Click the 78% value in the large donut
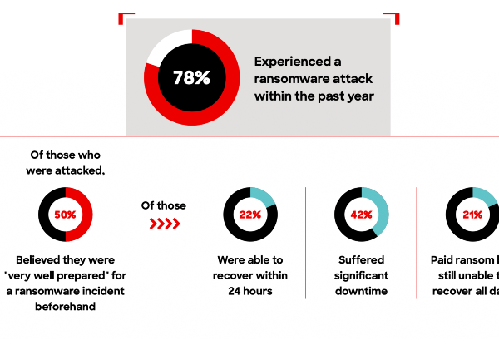pos(191,78)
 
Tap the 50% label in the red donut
pos(66,215)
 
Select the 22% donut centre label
pos(250,215)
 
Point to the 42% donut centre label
pos(361,215)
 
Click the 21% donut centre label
pos(472,215)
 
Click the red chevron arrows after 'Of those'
pos(164,224)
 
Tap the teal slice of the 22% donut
pos(265,196)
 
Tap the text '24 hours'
pos(250,292)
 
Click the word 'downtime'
pos(362,292)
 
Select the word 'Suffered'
pos(362,259)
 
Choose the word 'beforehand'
pos(66,308)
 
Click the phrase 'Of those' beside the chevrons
pos(164,205)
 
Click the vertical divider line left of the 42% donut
pos(306,242)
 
